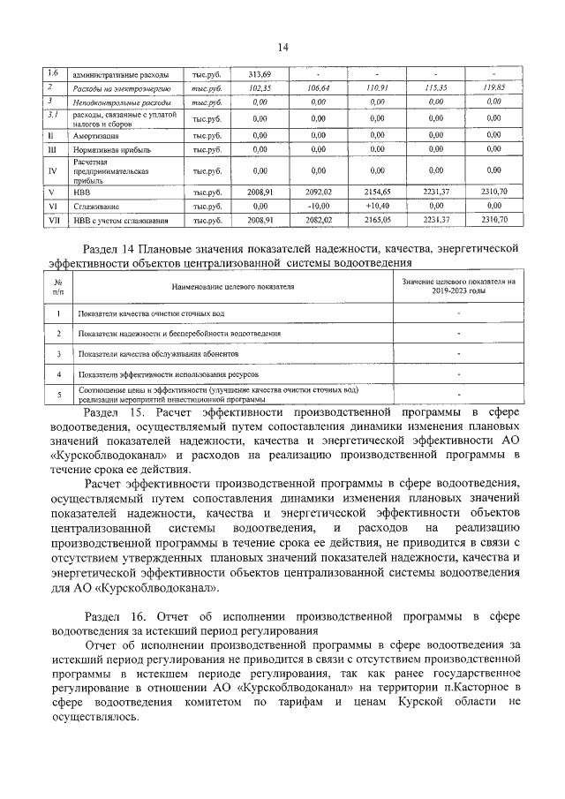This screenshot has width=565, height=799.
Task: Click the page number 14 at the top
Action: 282,47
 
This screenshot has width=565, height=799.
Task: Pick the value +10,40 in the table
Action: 377,204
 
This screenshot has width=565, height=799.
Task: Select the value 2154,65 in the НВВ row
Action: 377,190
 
